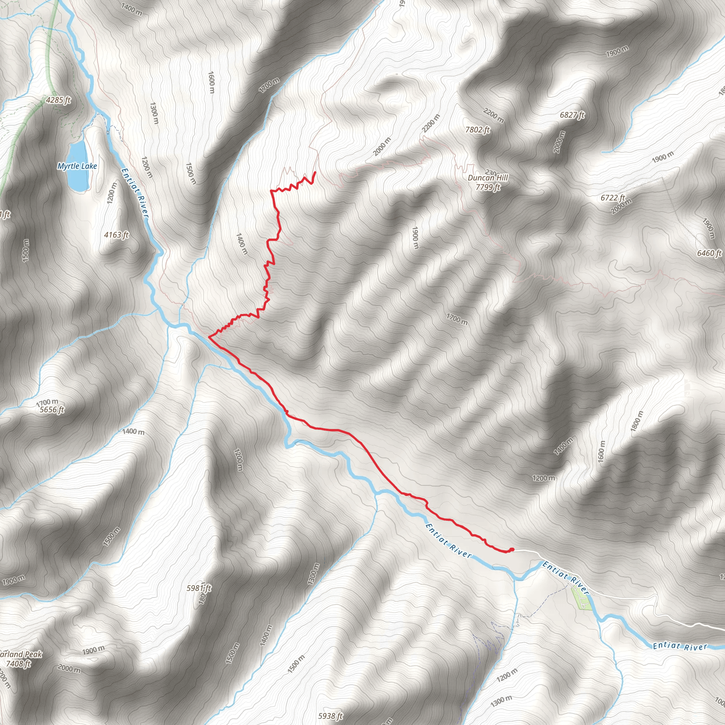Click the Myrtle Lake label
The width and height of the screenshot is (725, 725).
(x=77, y=166)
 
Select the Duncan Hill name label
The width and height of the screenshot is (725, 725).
(x=488, y=177)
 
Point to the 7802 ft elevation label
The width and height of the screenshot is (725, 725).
(x=477, y=130)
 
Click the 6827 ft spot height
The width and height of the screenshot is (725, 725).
(x=572, y=115)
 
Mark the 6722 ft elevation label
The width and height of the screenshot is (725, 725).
(x=613, y=198)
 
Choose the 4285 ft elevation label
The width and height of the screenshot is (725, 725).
(x=58, y=100)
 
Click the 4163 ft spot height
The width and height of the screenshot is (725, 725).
(x=116, y=235)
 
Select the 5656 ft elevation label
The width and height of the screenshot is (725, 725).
(x=52, y=410)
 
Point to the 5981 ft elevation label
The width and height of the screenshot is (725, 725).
(x=199, y=588)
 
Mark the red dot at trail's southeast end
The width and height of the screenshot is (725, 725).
(x=512, y=549)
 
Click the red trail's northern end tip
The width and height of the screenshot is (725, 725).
(x=315, y=172)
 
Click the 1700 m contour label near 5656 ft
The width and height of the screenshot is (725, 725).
(x=47, y=403)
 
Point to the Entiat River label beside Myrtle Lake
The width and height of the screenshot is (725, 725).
(x=135, y=192)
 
